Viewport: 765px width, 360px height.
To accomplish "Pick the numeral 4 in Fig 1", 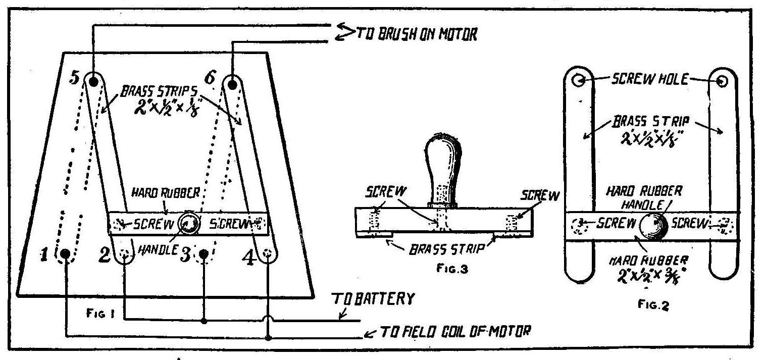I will pyautogui.click(x=248, y=254).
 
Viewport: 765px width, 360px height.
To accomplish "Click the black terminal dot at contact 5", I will pyautogui.click(x=93, y=81).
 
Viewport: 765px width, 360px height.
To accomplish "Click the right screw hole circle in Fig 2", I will pyautogui.click(x=721, y=80).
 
